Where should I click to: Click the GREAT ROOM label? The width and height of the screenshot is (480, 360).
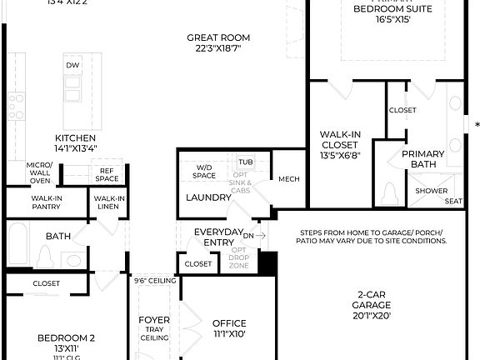(218, 37)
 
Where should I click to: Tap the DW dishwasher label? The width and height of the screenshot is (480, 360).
(72, 65)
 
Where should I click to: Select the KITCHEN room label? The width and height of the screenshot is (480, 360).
(75, 138)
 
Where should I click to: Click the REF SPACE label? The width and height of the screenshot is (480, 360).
(107, 174)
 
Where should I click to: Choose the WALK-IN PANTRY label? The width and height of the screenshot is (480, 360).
(46, 202)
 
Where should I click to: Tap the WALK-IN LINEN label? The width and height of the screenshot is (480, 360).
(110, 202)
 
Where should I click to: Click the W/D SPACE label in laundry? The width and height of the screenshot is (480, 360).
(205, 171)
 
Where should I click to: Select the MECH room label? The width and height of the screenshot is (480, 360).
(288, 179)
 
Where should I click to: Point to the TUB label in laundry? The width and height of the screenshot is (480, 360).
(245, 162)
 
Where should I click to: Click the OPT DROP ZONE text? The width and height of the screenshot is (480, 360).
(239, 257)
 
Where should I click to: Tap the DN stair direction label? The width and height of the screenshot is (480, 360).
(248, 236)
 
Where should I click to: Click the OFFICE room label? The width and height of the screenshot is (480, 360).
(229, 323)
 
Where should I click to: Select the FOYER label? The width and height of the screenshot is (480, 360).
(154, 319)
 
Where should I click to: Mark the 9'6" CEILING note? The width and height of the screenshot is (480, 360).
(155, 282)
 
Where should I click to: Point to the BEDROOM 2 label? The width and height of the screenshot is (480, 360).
(66, 338)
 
